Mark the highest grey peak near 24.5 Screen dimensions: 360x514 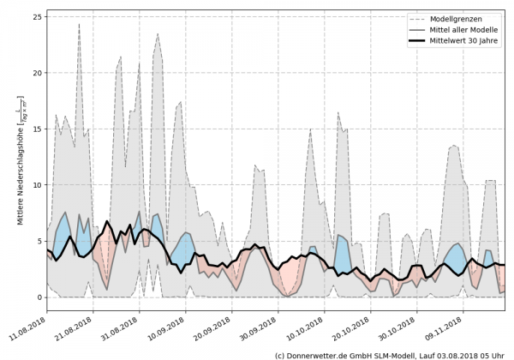[79, 23]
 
